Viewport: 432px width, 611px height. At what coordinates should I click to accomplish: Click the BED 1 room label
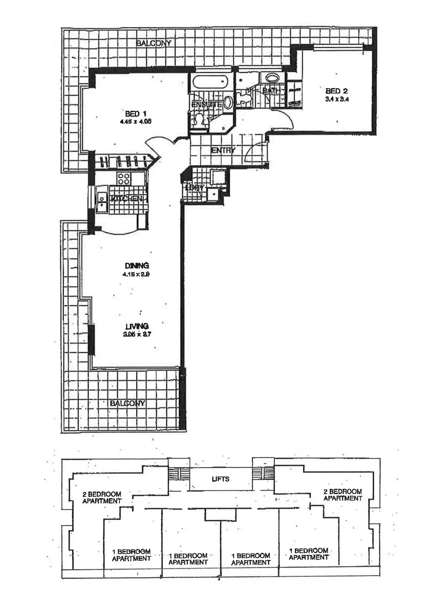(x=135, y=114)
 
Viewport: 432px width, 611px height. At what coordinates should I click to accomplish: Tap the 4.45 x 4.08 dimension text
(x=135, y=121)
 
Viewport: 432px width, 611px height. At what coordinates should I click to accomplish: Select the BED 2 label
(x=336, y=91)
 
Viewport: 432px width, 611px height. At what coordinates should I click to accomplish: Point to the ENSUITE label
(x=206, y=104)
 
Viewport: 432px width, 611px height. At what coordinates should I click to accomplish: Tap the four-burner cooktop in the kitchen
(x=124, y=178)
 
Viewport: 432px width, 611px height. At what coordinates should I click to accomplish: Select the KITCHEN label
(x=127, y=198)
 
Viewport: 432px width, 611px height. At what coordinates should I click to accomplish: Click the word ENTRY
(x=223, y=150)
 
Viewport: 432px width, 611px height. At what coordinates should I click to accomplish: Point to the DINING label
(x=137, y=265)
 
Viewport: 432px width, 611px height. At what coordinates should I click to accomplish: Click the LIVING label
(x=137, y=326)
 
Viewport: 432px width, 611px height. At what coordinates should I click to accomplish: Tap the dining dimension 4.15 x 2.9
(x=137, y=273)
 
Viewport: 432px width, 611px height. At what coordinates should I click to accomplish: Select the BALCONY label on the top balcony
(x=154, y=43)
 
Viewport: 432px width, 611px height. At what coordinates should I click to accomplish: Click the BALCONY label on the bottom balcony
(x=127, y=403)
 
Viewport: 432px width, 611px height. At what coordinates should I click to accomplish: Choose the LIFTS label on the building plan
(x=221, y=479)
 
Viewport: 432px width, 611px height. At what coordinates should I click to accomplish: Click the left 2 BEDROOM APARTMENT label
(x=102, y=497)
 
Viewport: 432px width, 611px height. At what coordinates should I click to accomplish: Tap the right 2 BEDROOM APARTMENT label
(x=343, y=495)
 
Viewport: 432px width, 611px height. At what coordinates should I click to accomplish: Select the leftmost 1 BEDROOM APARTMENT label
(x=131, y=555)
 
